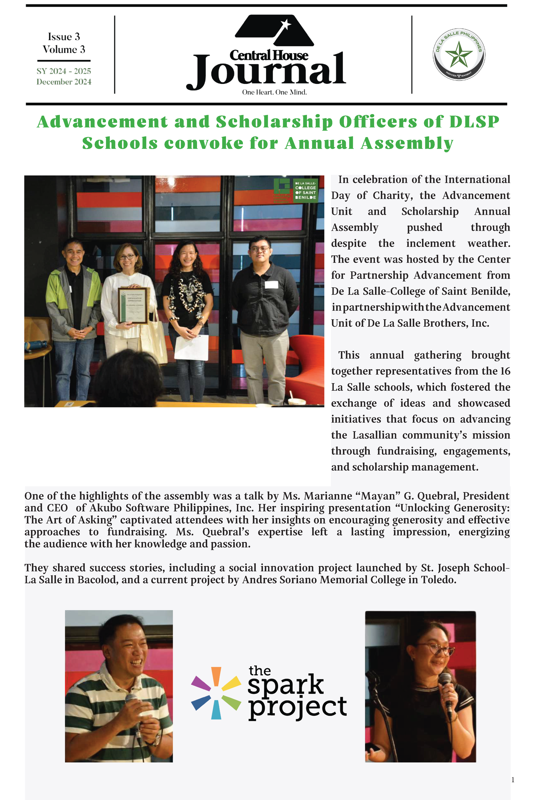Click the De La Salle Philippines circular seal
[459, 54]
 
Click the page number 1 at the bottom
[513, 780]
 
